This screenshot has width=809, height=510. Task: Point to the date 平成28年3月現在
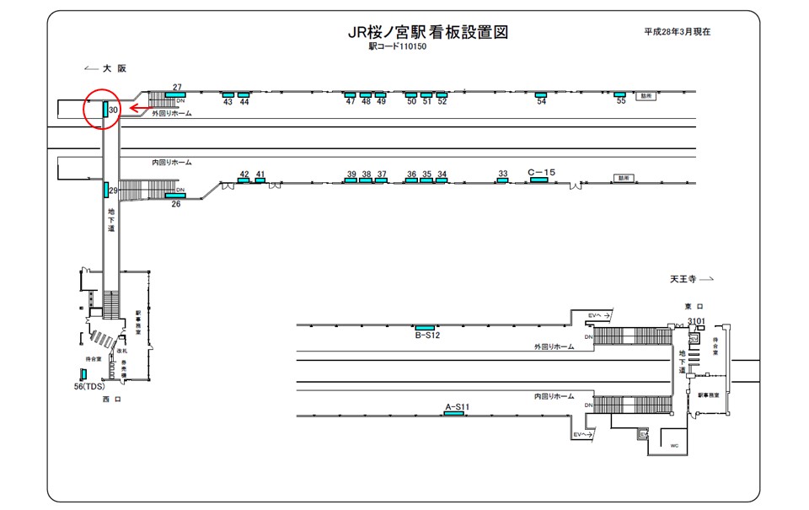(x=677, y=31)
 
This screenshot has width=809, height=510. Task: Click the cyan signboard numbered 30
(x=106, y=110)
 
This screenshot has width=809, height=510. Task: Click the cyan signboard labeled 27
(x=176, y=94)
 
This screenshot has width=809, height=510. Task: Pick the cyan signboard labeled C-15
(x=539, y=180)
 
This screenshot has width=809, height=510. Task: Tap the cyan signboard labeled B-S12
(x=425, y=327)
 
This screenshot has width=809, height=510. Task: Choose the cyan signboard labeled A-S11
(x=453, y=415)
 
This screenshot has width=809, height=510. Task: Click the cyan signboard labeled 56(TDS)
(x=83, y=374)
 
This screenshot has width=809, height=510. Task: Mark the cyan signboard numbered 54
(x=541, y=94)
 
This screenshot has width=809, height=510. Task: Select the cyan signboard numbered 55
(x=619, y=94)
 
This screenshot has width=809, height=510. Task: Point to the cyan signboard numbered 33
(x=502, y=180)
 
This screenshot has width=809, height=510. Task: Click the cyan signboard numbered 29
(x=106, y=190)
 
